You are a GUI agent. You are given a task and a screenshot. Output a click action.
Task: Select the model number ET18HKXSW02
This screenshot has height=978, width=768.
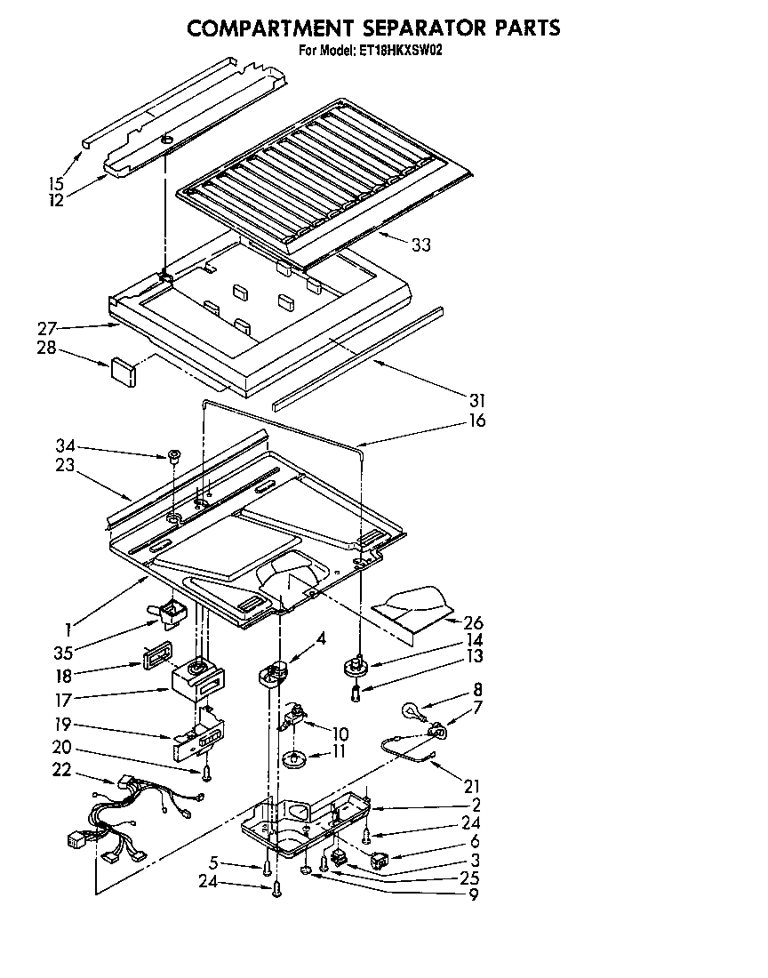(400, 51)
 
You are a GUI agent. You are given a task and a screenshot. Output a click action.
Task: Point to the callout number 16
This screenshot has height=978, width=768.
(477, 420)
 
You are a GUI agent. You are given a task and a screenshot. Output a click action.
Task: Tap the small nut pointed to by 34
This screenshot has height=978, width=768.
(174, 456)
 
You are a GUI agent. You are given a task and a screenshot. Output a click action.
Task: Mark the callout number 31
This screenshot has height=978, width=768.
(477, 399)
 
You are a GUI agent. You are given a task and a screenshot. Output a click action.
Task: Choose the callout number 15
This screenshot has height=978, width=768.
(56, 184)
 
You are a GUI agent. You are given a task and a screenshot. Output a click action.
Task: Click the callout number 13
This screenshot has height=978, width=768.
(476, 656)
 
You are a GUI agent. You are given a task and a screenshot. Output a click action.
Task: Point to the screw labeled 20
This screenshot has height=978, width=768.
(207, 774)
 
